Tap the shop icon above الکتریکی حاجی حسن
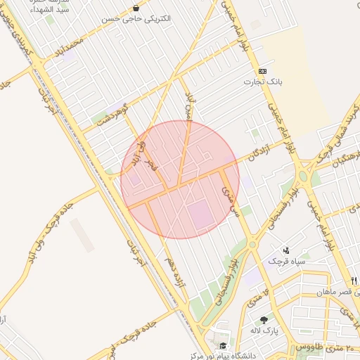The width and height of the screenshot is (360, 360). point(136,8)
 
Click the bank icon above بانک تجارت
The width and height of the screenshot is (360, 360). point(262,71)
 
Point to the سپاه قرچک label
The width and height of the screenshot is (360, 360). point(286,261)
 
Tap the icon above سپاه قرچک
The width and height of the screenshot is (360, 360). point(286,250)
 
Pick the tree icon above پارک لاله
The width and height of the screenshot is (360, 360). point(264,320)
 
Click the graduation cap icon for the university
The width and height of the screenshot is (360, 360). point(222,346)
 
